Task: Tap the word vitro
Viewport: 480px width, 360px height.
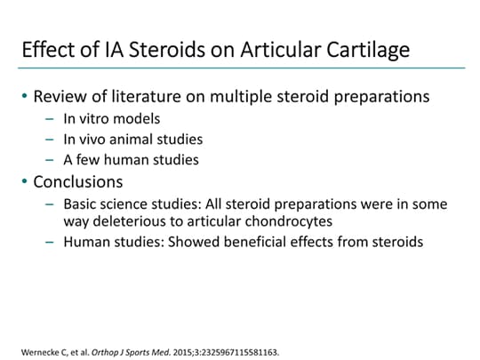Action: click(x=95, y=118)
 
